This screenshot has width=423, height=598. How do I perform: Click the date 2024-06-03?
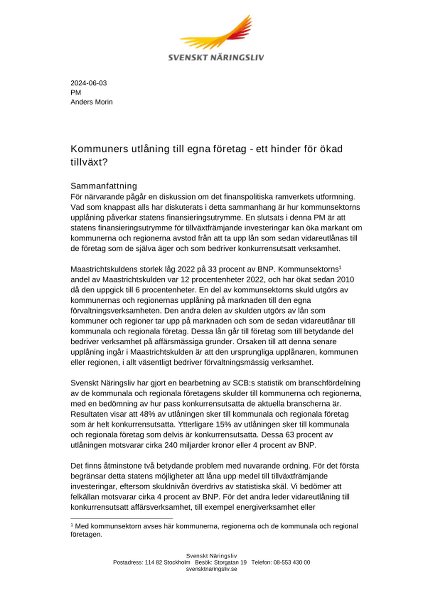coord(89,83)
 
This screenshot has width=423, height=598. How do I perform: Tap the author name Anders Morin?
coord(91,102)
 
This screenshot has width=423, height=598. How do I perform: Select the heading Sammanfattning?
coord(104,186)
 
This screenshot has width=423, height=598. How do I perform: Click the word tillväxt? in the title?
coord(89,162)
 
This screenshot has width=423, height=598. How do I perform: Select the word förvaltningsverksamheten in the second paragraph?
coord(116,311)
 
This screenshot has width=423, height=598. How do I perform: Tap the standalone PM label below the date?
coord(76,93)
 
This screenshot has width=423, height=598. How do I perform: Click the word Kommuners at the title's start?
coord(99,149)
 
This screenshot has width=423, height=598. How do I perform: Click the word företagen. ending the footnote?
coord(86,535)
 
